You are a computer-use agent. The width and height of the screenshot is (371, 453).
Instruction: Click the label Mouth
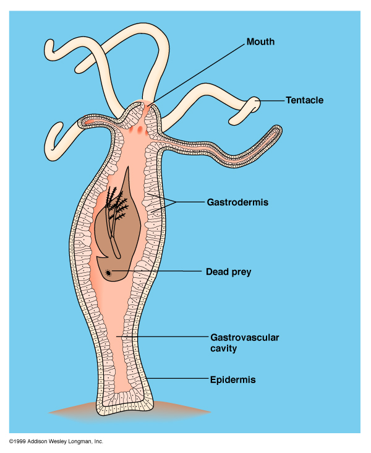click(x=260, y=42)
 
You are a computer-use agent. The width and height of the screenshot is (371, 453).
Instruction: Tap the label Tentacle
click(x=304, y=100)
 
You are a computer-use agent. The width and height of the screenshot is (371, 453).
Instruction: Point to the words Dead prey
click(x=228, y=272)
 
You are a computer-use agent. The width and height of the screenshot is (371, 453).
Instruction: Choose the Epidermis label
click(x=232, y=379)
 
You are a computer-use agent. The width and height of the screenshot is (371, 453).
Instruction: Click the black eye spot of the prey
click(x=109, y=272)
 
